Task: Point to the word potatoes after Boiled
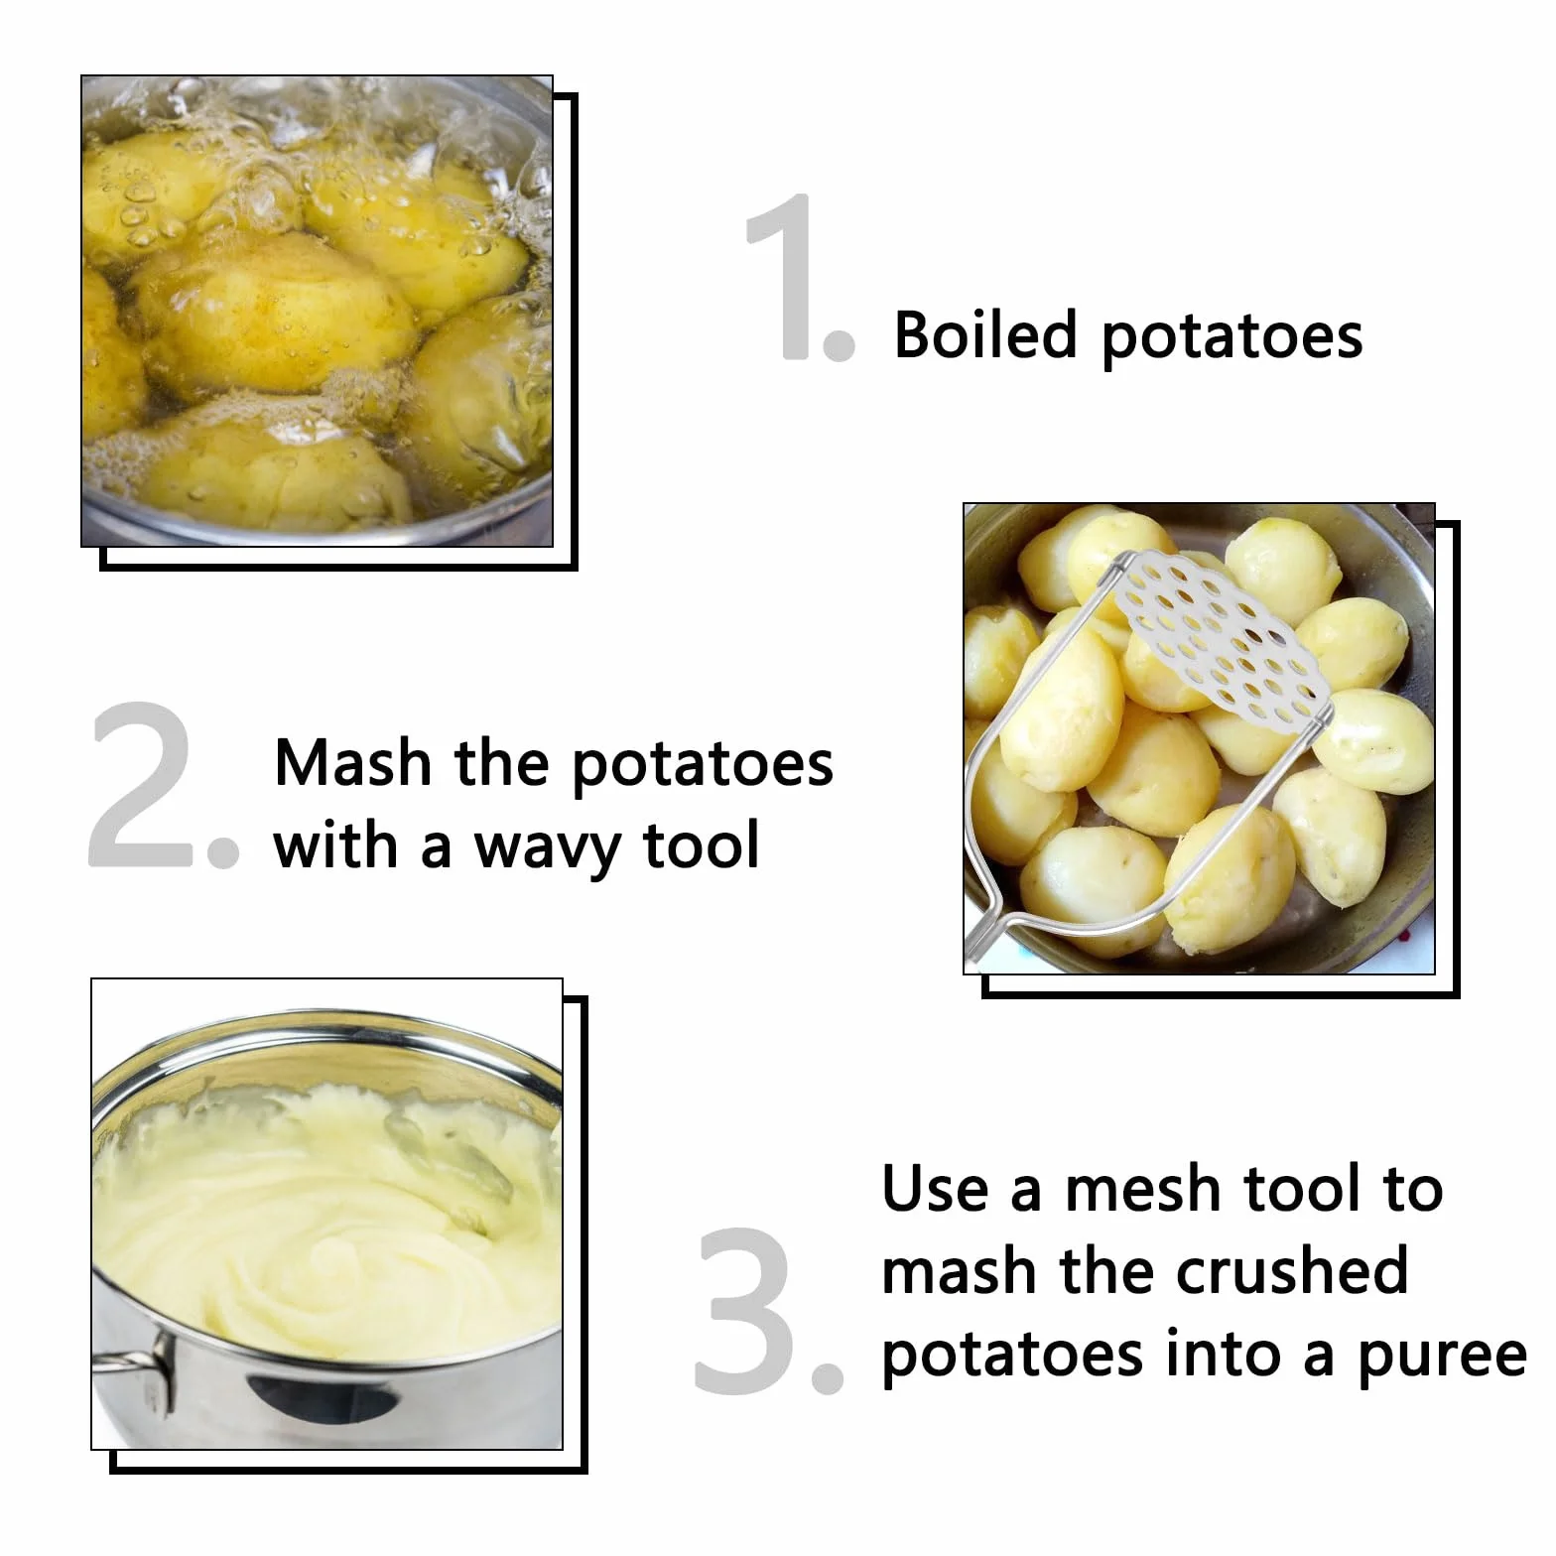(1232, 337)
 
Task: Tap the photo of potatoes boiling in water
(318, 311)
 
